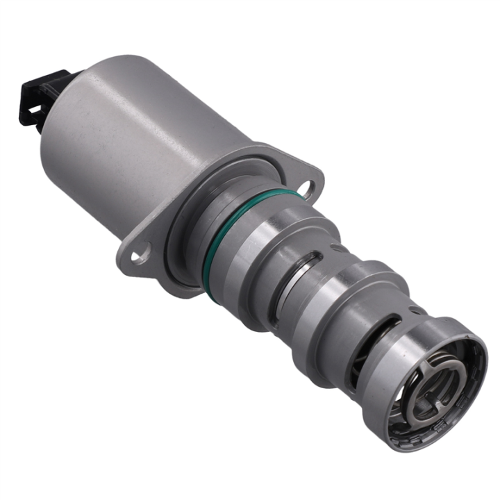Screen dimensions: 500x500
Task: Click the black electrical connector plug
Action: pos(43,97)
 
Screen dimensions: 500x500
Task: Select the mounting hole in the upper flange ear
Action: pos(308,186)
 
